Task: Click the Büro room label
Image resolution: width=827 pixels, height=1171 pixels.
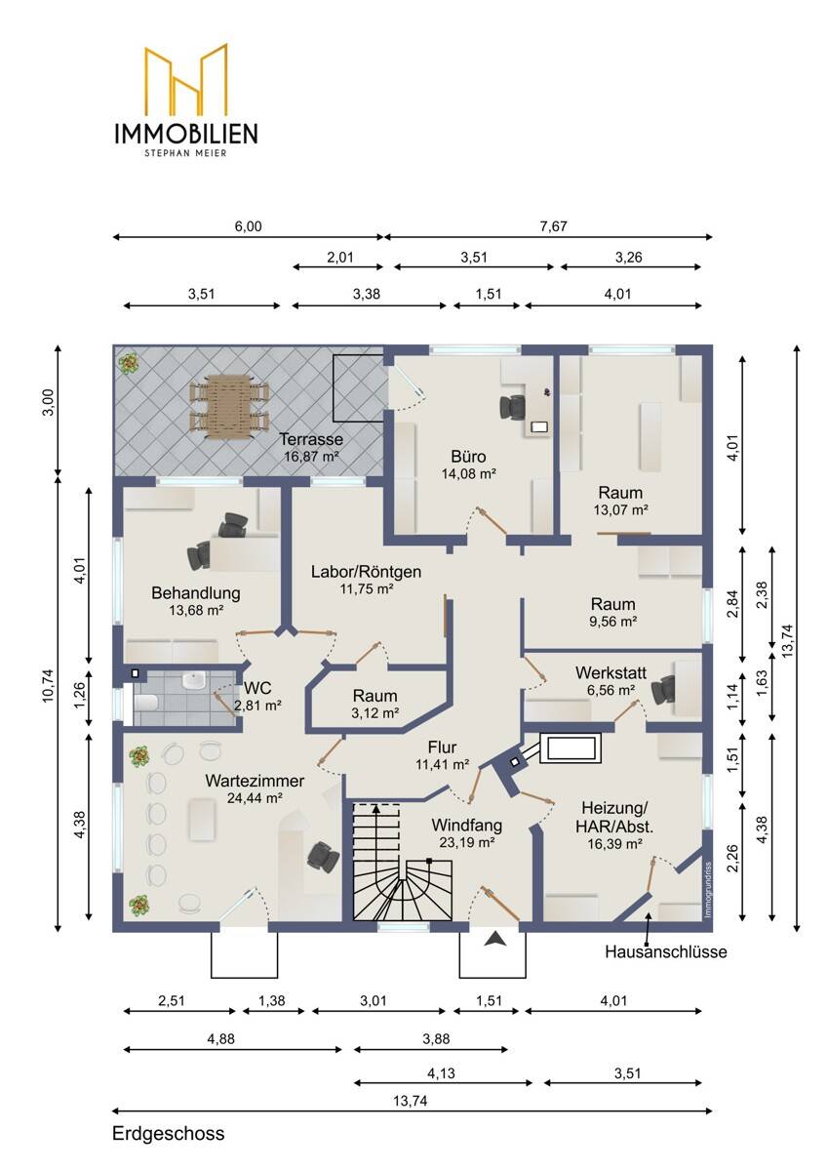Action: (468, 457)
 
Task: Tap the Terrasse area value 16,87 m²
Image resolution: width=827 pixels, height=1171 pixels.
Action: (311, 456)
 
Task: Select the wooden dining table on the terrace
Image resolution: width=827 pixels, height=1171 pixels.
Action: (229, 406)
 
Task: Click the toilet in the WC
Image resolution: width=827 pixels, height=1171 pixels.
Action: (145, 704)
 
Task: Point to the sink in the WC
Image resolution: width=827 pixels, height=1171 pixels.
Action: (193, 681)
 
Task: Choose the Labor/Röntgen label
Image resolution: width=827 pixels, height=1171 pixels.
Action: (366, 572)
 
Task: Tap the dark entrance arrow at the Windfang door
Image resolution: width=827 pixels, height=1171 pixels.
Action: (494, 939)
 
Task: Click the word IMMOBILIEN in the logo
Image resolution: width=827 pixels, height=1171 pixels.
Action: (186, 134)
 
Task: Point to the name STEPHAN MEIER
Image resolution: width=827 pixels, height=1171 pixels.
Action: (186, 153)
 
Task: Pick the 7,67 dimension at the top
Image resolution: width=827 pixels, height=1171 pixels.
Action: (554, 226)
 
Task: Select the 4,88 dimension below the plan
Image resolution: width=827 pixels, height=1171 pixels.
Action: (221, 1038)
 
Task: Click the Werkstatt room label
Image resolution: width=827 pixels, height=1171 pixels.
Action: (610, 672)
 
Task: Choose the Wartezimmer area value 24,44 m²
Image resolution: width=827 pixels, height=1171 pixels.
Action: (255, 798)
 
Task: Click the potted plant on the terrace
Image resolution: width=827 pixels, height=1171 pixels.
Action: (128, 362)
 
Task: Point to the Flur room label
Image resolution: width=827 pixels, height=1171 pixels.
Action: (442, 747)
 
